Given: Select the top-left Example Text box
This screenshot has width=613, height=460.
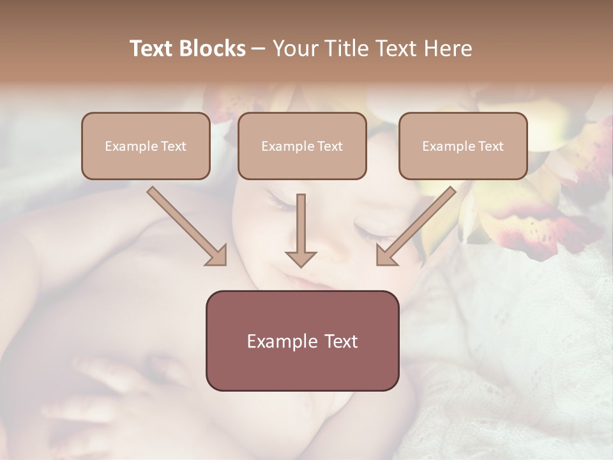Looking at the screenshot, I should click(x=146, y=146).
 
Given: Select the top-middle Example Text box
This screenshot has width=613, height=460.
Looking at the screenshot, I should click(x=302, y=146).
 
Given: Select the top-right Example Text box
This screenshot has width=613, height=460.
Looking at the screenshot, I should click(x=463, y=146).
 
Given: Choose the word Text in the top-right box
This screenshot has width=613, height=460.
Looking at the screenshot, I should click(x=490, y=146).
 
